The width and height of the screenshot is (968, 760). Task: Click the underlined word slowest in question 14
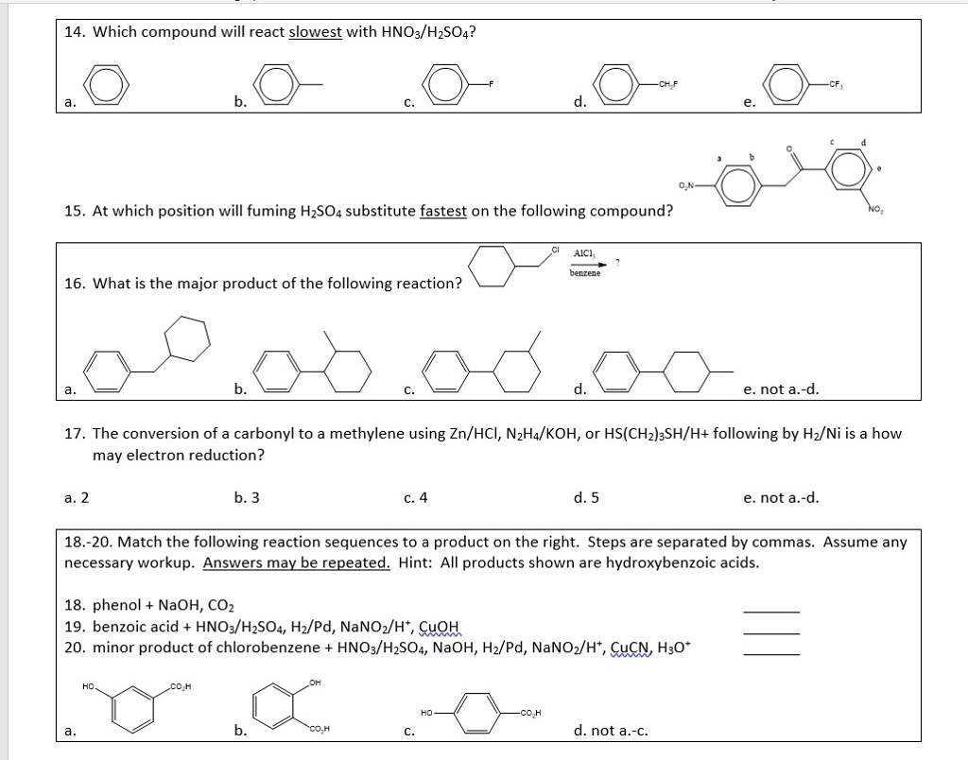(x=315, y=32)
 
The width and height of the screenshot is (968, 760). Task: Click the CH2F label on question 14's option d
(x=670, y=84)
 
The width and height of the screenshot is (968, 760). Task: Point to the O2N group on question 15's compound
(x=688, y=183)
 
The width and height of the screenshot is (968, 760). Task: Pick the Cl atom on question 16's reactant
(x=556, y=250)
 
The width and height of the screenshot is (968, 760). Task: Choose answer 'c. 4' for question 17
(x=415, y=497)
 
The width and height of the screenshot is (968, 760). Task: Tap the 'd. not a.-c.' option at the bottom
(x=611, y=730)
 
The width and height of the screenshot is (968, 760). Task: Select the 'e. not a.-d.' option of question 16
(x=781, y=389)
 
